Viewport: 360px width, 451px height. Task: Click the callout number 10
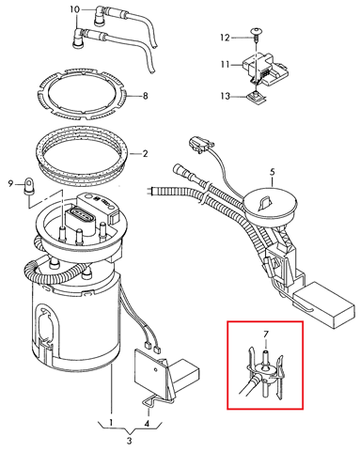click(x=75, y=9)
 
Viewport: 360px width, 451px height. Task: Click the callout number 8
click(x=145, y=96)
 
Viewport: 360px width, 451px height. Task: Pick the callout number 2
click(x=145, y=154)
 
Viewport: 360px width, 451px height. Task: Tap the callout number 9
click(x=10, y=183)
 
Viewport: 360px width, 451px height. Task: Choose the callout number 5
click(x=272, y=172)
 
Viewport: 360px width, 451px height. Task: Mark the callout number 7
click(x=266, y=334)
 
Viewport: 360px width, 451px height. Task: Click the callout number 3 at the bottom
click(x=130, y=441)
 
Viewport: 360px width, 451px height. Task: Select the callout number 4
click(x=147, y=423)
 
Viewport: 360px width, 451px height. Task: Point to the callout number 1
click(x=111, y=423)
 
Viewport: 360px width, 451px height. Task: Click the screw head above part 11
click(x=257, y=31)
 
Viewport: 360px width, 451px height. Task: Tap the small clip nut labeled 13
click(x=258, y=97)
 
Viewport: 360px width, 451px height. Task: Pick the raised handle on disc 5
click(x=265, y=202)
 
